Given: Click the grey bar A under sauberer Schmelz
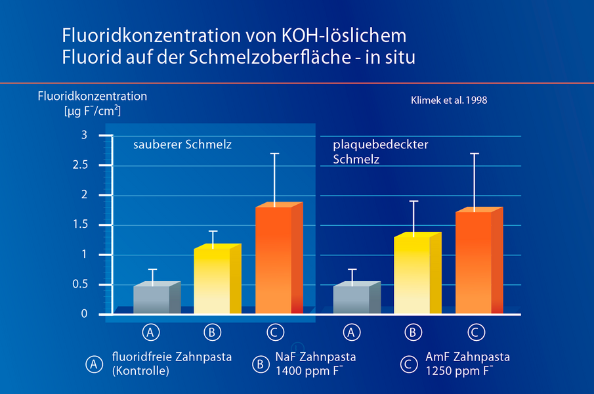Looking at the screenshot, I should [x=152, y=299].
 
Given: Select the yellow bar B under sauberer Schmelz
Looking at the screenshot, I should [x=212, y=281].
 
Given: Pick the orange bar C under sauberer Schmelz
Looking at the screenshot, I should [x=274, y=260].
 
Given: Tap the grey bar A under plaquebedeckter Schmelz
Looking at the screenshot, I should [x=351, y=299].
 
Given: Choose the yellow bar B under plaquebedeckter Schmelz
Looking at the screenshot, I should [x=412, y=274].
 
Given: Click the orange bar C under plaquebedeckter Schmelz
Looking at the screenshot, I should [x=473, y=262].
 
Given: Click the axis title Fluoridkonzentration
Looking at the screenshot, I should [x=93, y=97].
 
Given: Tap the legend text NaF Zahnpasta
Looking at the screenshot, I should [x=316, y=357].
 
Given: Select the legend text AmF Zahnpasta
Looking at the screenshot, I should [x=467, y=357].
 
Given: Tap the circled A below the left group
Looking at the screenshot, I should [x=152, y=332].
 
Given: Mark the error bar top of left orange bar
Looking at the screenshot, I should [x=274, y=153].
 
